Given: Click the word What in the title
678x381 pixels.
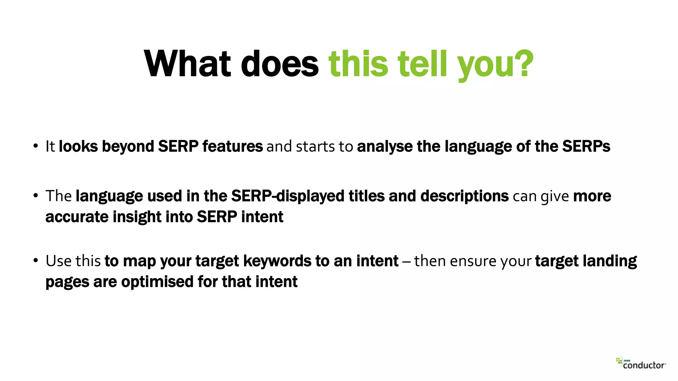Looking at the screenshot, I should tap(187, 64).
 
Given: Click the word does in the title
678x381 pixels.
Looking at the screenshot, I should tap(280, 64).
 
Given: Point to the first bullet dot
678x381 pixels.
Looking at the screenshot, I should tap(35, 146).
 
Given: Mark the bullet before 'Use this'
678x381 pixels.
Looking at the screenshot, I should tap(35, 261).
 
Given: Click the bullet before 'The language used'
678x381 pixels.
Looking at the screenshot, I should tap(35, 196).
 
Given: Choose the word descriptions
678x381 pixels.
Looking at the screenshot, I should tap(464, 196).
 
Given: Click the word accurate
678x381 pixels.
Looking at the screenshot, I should tap(77, 217).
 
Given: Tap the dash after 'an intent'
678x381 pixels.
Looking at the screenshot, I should tap(406, 261).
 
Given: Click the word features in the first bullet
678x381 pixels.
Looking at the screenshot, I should tap(232, 146).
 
